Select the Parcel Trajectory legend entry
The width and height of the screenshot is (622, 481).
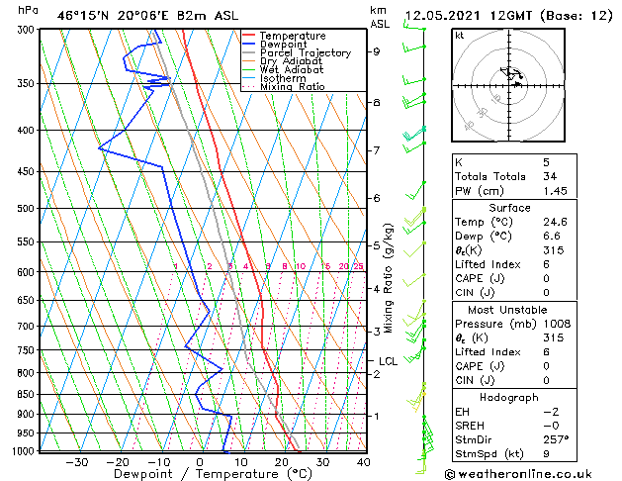point(305,52)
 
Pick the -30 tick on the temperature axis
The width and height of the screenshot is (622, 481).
point(76,462)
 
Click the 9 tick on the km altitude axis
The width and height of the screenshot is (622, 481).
point(377,51)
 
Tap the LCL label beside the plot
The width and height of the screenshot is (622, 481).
point(388,361)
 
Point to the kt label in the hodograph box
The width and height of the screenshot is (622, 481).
point(460,36)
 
